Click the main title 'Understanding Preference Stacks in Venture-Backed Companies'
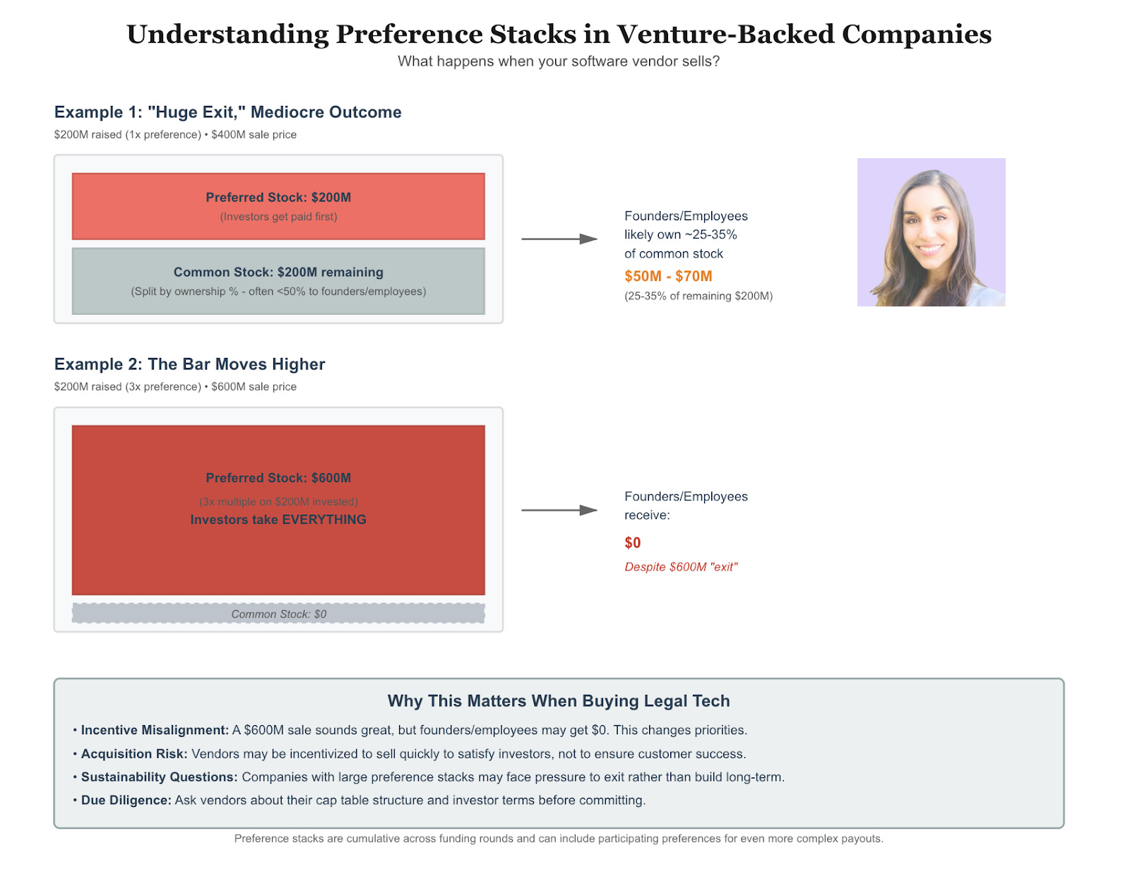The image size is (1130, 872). click(x=559, y=35)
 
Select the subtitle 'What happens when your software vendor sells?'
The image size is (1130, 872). click(x=559, y=61)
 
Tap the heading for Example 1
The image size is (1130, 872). click(x=228, y=112)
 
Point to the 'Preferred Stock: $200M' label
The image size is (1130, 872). click(x=278, y=198)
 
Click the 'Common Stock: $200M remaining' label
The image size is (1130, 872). click(x=278, y=273)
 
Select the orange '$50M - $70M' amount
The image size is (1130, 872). click(x=668, y=276)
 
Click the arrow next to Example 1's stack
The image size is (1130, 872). click(x=559, y=239)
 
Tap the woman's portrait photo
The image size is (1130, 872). click(x=931, y=232)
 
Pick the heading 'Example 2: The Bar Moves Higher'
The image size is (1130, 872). click(x=190, y=364)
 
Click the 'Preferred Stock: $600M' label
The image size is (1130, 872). click(x=278, y=478)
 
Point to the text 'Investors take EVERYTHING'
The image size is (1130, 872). click(x=278, y=520)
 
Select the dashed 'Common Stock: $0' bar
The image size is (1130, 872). click(x=278, y=613)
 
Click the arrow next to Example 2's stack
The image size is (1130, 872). click(x=559, y=510)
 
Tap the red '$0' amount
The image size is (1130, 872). click(x=632, y=542)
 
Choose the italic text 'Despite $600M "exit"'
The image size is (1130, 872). click(x=681, y=567)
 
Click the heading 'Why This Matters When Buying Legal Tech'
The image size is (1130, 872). click(x=559, y=701)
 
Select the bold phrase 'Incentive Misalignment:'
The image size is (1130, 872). click(x=155, y=730)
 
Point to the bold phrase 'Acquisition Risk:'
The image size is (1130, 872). click(x=134, y=753)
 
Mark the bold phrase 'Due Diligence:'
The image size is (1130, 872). click(x=126, y=800)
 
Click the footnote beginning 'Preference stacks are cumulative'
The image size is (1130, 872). click(x=559, y=839)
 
